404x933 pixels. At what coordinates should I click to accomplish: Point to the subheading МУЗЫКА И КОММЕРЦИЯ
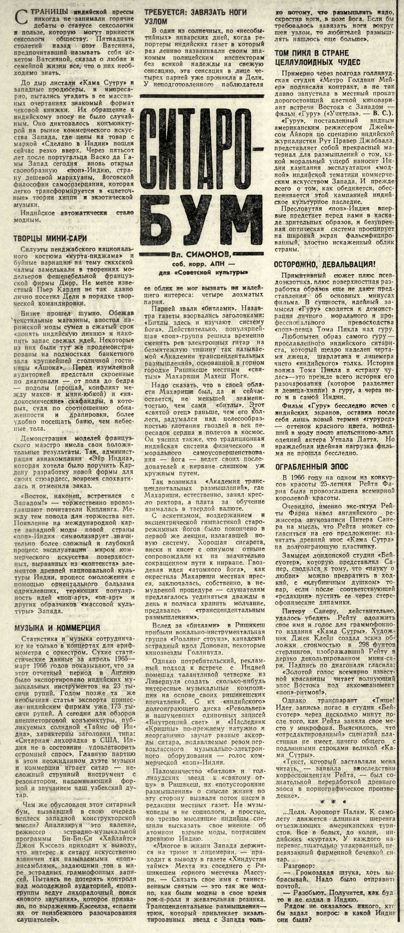click(57, 628)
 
